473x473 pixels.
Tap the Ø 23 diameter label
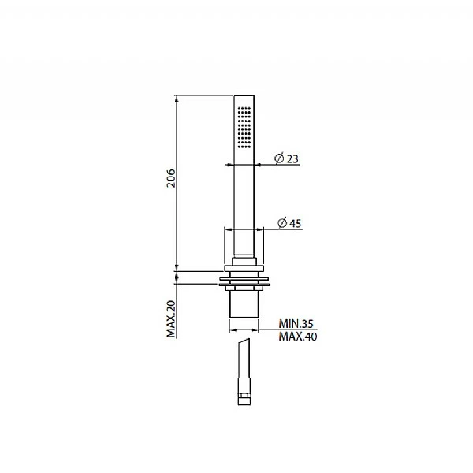pos(287,158)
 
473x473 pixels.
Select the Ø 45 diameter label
pos(289,223)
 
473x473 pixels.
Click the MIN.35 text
pos(296,323)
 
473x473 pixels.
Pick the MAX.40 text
pos(296,337)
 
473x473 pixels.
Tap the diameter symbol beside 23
pos(278,158)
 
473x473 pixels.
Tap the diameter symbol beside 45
pos(281,223)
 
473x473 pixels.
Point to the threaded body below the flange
pos(244,307)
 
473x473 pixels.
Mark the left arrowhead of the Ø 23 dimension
pos(228,165)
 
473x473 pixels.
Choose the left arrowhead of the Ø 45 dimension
pos(229,229)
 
